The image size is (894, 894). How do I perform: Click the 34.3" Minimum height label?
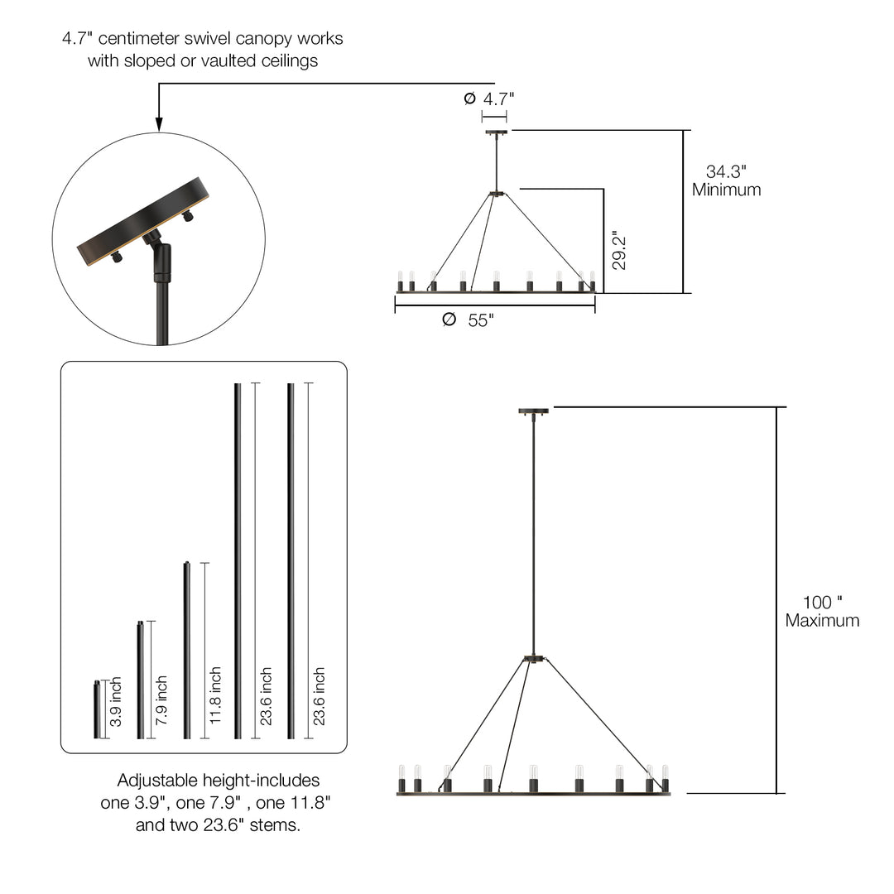click(x=727, y=180)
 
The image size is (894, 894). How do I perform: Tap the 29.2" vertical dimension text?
click(x=618, y=250)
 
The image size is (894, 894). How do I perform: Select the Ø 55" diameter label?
click(x=468, y=320)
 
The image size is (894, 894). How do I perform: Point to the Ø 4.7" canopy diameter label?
click(x=489, y=99)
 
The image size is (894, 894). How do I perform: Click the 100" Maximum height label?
click(x=822, y=611)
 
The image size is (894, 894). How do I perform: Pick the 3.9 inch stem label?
click(x=116, y=702)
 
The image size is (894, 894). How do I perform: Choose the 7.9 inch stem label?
click(x=161, y=700)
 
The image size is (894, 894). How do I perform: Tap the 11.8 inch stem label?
click(x=215, y=695)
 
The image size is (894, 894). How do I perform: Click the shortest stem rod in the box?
click(x=97, y=709)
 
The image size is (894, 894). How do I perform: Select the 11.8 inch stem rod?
click(x=187, y=651)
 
